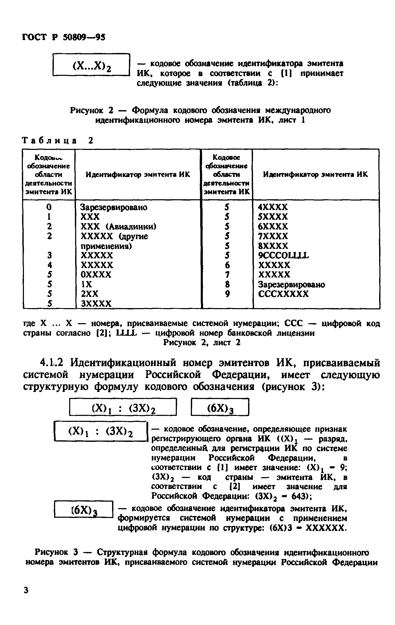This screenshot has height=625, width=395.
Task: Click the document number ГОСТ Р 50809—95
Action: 63,37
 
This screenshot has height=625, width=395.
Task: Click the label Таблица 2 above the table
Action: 57,141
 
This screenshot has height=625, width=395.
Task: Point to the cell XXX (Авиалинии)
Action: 119,227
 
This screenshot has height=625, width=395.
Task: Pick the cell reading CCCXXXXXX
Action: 283,294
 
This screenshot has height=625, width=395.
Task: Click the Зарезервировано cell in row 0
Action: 114,207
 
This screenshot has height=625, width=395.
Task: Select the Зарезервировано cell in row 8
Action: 291,284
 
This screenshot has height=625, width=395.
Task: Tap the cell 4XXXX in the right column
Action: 273,207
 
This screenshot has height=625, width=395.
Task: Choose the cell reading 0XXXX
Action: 96,275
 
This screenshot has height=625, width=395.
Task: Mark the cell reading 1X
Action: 86,284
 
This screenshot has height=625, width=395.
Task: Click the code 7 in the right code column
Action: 227,275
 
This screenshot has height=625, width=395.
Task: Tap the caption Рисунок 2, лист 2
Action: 202,343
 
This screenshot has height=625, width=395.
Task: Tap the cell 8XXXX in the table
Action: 273,246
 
